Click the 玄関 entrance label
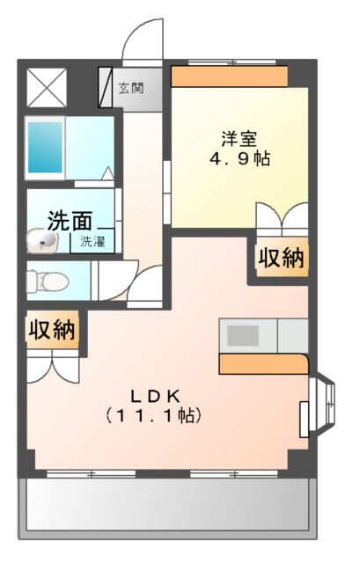coord(132,88)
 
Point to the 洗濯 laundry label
coord(93,241)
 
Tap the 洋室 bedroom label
coord(239,138)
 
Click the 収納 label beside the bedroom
coord(281,259)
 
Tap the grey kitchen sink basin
coord(244,335)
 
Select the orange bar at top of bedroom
coord(229,77)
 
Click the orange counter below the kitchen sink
coord(262,363)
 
